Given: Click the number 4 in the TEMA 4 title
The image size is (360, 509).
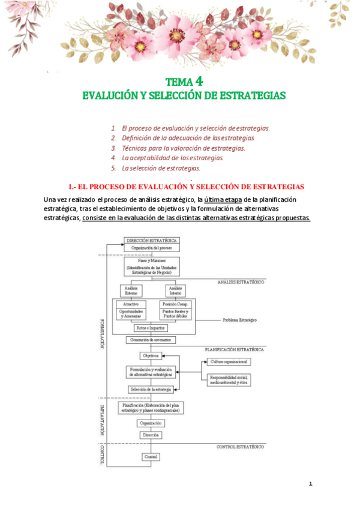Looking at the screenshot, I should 199,81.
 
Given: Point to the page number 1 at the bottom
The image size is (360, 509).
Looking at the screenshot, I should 311,483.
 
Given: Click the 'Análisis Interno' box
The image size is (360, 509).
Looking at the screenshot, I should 176,291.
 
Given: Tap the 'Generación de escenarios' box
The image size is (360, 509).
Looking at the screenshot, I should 151,340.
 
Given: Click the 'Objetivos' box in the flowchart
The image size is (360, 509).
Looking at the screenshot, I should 150,356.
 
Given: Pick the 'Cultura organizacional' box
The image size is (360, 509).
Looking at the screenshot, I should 229,362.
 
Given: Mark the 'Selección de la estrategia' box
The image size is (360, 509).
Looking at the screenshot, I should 151,390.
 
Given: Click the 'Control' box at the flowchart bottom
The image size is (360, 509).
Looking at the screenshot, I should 151,457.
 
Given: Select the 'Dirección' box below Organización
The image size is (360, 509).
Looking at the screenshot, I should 150,434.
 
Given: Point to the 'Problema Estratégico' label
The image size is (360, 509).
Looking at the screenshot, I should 239,319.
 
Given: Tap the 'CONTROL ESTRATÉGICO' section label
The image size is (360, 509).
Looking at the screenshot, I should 240,447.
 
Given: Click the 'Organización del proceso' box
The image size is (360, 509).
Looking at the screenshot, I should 152,247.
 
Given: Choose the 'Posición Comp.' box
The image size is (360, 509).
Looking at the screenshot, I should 175,304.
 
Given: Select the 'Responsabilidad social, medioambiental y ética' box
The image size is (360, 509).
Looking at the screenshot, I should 229,379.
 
